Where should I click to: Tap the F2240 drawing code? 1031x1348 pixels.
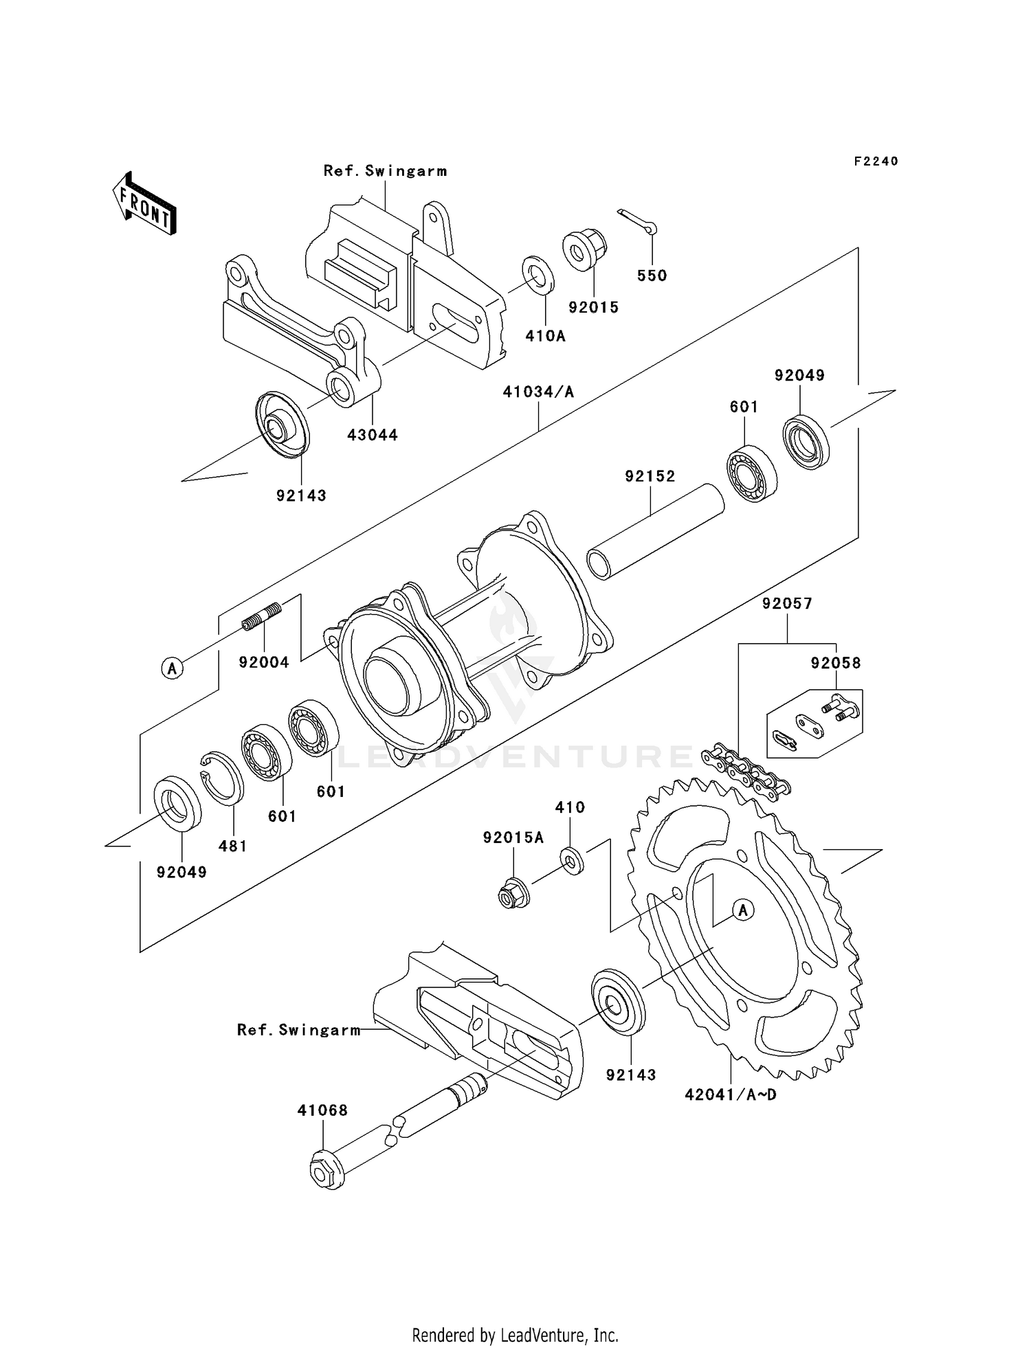point(876,161)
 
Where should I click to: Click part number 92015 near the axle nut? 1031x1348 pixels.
point(594,307)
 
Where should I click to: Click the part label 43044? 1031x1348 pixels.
point(373,435)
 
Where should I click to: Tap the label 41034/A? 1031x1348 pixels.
point(538,392)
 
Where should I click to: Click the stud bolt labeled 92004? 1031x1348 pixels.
point(262,616)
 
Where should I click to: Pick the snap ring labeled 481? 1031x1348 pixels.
point(222,778)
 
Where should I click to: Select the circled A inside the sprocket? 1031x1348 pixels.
point(742,910)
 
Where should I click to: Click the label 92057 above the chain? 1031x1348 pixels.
point(787,604)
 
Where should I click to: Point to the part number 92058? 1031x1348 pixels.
point(836,663)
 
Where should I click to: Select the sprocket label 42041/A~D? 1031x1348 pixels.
point(731,1094)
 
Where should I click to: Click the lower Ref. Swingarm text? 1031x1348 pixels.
point(298,1030)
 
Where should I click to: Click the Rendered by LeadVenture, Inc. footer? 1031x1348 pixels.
point(515,1335)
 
